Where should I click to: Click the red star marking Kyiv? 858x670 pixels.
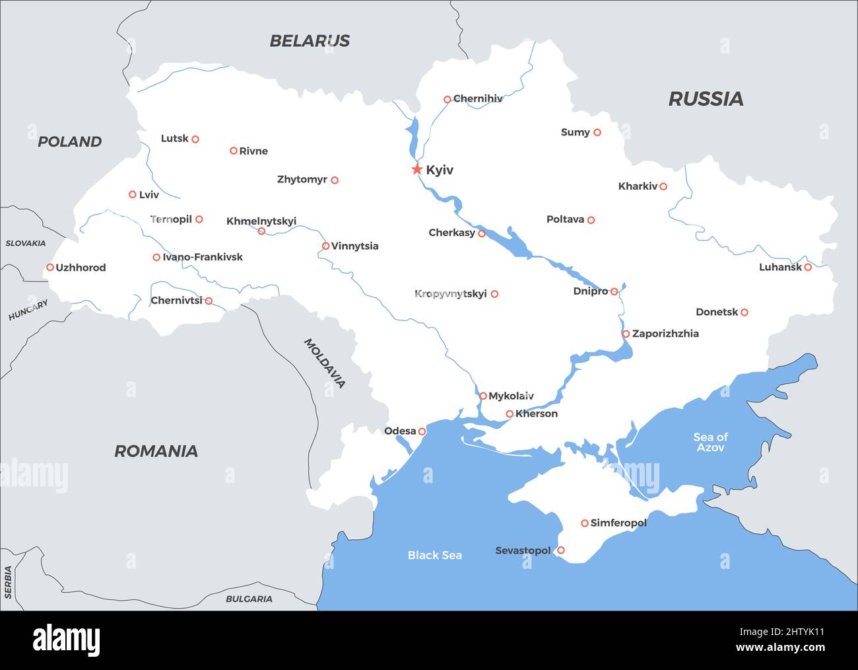click(416, 170)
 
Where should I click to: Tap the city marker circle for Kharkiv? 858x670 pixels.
click(663, 186)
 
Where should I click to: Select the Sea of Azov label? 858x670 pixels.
click(710, 442)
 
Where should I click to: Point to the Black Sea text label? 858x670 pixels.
click(434, 555)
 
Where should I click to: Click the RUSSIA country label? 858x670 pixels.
click(706, 99)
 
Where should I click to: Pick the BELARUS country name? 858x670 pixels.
click(310, 41)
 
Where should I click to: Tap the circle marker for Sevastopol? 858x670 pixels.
click(561, 550)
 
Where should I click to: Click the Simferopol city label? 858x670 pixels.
click(618, 523)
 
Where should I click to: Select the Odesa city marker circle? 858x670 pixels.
click(422, 431)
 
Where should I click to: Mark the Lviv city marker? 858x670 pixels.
click(133, 194)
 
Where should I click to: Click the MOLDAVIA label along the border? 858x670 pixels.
click(324, 363)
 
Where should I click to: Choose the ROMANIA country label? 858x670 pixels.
click(156, 451)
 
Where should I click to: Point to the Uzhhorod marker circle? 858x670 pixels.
click(50, 268)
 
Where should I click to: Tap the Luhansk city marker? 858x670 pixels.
click(808, 267)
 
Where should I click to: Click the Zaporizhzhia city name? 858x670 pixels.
click(665, 334)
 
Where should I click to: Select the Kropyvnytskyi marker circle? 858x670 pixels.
click(494, 294)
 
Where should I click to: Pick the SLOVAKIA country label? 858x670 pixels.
click(26, 243)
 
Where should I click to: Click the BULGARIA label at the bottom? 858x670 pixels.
click(249, 599)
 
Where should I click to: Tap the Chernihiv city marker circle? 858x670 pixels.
click(447, 100)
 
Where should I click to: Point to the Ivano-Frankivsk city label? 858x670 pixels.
click(203, 257)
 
